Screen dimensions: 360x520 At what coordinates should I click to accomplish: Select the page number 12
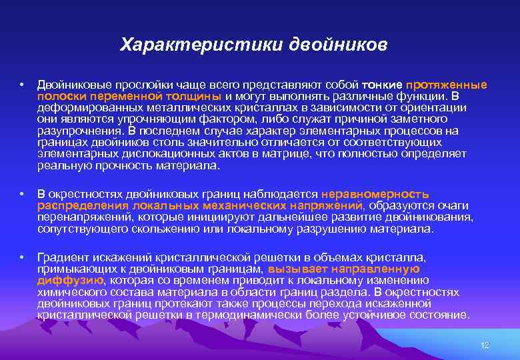pos(485,345)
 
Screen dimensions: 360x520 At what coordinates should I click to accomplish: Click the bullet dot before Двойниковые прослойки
pos(23,85)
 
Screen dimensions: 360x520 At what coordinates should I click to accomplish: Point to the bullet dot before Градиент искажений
pos(23,257)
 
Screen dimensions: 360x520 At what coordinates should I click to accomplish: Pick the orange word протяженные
pos(446,85)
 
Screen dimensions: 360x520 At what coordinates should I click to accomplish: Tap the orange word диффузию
pos(70,280)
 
